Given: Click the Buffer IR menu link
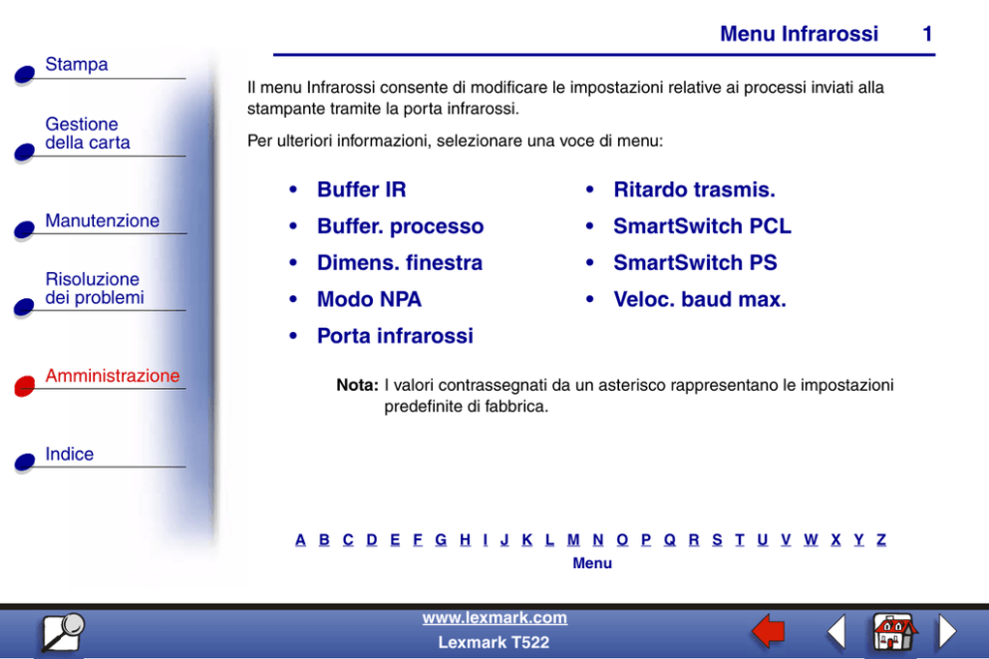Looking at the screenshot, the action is click(x=362, y=189).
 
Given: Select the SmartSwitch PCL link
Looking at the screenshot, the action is click(x=702, y=225).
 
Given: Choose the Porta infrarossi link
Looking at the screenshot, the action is click(x=395, y=336).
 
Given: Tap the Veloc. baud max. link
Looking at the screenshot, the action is click(x=700, y=299).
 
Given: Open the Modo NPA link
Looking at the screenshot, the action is click(x=369, y=299).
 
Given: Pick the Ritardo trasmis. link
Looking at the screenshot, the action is click(x=694, y=189).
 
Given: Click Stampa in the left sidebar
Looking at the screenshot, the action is click(x=77, y=65).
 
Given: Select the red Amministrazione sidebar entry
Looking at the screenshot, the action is click(x=113, y=375).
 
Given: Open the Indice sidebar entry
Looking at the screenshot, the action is click(x=70, y=454).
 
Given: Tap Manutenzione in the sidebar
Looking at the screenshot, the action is click(x=102, y=220).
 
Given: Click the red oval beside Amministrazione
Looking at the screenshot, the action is click(x=25, y=385).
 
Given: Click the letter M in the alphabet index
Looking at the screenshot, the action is click(x=573, y=539).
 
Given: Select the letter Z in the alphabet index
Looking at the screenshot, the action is click(x=881, y=539).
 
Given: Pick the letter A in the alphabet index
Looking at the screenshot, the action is click(x=300, y=539).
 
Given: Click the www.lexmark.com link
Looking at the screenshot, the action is click(x=494, y=617).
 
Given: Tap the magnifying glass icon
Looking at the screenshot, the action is click(x=63, y=632).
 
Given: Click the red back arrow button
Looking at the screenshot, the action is click(x=769, y=631).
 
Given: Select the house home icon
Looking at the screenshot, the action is click(x=894, y=631).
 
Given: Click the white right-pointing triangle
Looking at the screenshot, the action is click(x=947, y=631).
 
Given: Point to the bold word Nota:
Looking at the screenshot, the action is click(x=357, y=385).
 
